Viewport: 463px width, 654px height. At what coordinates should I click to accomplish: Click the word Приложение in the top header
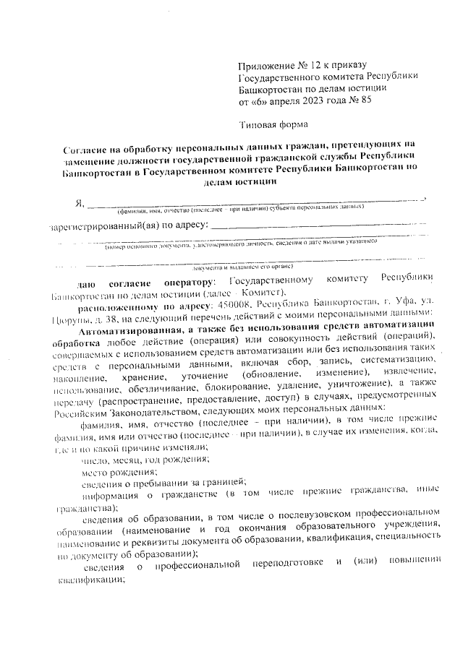pyautogui.click(x=265, y=66)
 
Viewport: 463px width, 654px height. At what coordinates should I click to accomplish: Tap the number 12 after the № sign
pyautogui.click(x=317, y=66)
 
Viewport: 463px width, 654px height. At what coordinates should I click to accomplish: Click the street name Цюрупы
pyautogui.click(x=70, y=319)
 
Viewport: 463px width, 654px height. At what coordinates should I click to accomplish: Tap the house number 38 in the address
pyautogui.click(x=110, y=319)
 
